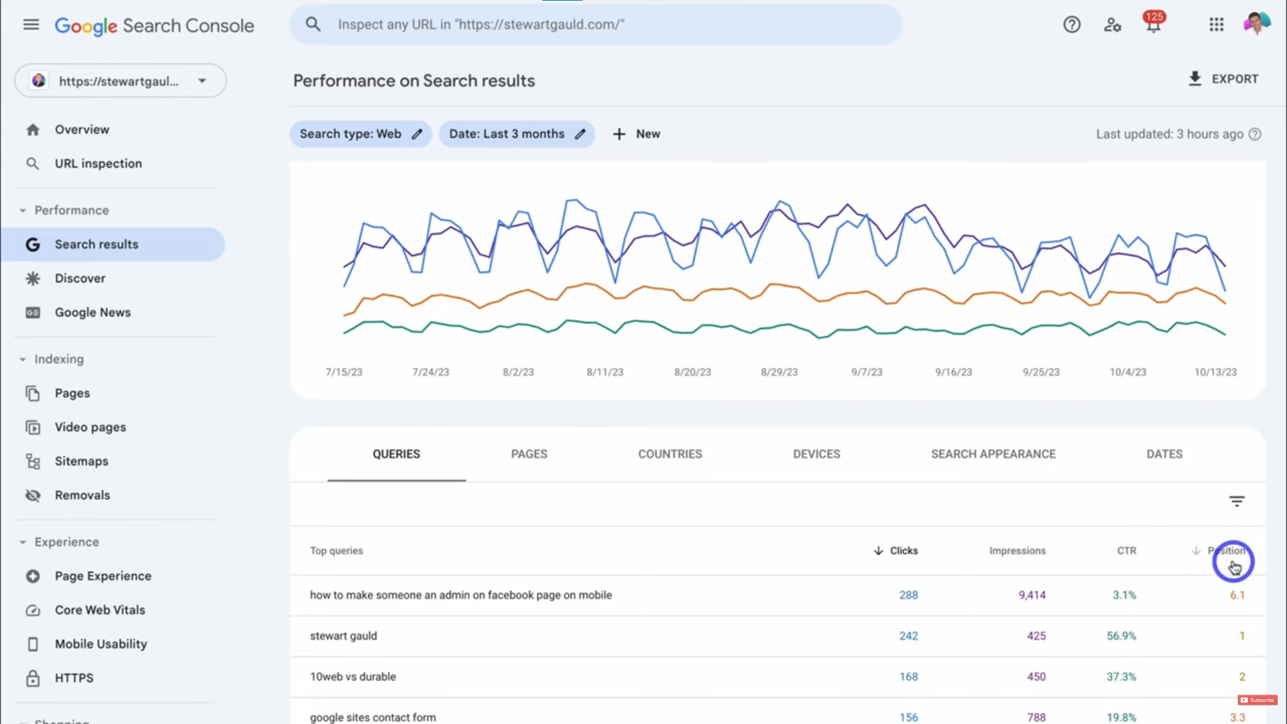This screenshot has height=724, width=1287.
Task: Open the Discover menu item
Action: tap(80, 278)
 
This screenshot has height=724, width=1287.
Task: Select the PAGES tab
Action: tap(529, 454)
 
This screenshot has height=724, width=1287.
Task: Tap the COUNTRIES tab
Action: tap(670, 454)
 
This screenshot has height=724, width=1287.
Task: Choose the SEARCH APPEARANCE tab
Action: tap(993, 454)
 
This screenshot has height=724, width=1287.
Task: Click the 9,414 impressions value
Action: tap(1032, 595)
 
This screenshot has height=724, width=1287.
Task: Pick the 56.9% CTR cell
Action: tap(1121, 636)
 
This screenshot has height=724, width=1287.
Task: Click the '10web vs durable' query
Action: tap(353, 676)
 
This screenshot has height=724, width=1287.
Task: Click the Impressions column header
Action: tap(1017, 550)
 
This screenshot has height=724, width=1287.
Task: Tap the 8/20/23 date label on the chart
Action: tap(692, 372)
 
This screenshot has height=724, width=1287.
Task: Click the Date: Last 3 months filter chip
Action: tap(516, 134)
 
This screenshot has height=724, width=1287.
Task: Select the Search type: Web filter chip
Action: tap(360, 134)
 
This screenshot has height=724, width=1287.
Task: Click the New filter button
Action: tap(636, 134)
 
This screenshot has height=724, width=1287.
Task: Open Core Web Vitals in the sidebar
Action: tap(100, 610)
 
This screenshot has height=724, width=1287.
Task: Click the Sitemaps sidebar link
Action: tap(81, 461)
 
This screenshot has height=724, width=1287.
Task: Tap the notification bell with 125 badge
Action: tap(1153, 25)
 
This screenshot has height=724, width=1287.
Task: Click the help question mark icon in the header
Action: tap(1072, 25)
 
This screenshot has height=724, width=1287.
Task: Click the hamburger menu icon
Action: tap(31, 25)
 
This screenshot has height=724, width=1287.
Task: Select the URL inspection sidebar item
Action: tap(98, 164)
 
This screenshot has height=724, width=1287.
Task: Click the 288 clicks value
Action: tap(908, 595)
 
